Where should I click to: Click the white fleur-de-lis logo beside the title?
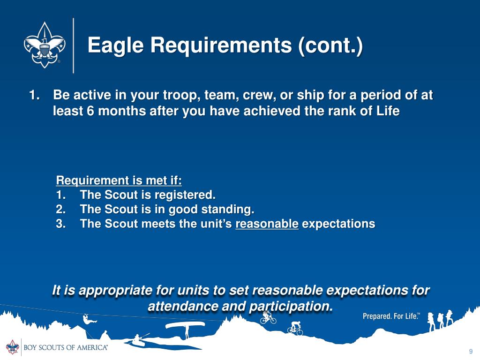[x=45, y=45]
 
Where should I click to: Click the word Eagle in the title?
[x=116, y=45]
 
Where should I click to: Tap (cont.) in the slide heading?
[x=330, y=45]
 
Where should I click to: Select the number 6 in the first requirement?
[x=90, y=111]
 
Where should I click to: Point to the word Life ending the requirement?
[x=388, y=111]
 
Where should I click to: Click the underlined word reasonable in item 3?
[x=267, y=224]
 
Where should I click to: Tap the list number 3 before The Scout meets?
[x=60, y=224]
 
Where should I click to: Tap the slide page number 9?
[x=471, y=352]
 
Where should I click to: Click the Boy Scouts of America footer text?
[x=66, y=347]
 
